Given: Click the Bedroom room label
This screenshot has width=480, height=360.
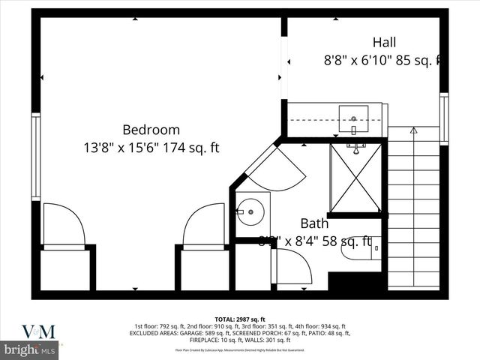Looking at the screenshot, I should [x=151, y=129].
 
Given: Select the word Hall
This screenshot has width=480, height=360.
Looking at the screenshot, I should [x=384, y=42].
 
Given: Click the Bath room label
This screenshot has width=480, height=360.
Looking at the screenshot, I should [x=314, y=223].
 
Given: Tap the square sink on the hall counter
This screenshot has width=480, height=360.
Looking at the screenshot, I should [x=353, y=116].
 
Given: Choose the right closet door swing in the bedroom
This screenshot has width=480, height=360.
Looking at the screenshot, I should [x=204, y=225].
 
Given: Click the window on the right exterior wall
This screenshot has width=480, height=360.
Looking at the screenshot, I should [x=444, y=118].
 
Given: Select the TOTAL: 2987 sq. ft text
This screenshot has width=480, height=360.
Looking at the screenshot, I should [x=240, y=319].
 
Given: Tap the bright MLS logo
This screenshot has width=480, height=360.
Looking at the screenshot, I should [x=30, y=349].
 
